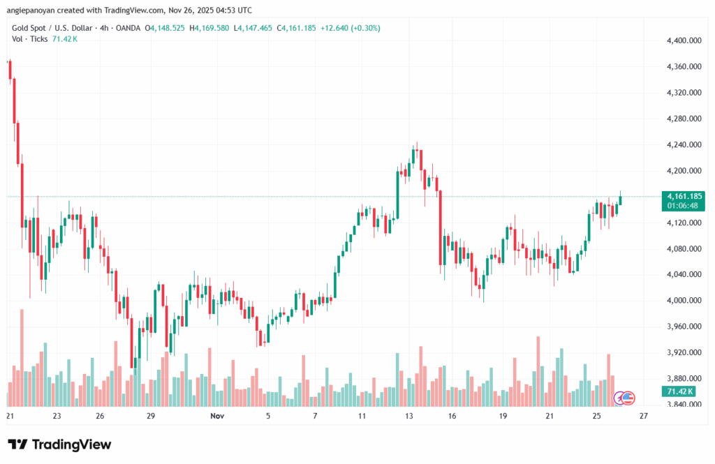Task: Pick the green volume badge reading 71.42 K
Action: click(x=681, y=392)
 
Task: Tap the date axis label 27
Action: click(x=643, y=416)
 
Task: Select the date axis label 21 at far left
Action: click(x=10, y=416)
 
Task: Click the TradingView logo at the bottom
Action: click(x=59, y=444)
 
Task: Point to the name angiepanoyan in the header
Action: click(x=33, y=10)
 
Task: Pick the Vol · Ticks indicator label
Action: click(x=29, y=38)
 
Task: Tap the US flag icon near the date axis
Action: click(x=628, y=398)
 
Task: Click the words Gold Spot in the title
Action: click(x=32, y=28)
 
